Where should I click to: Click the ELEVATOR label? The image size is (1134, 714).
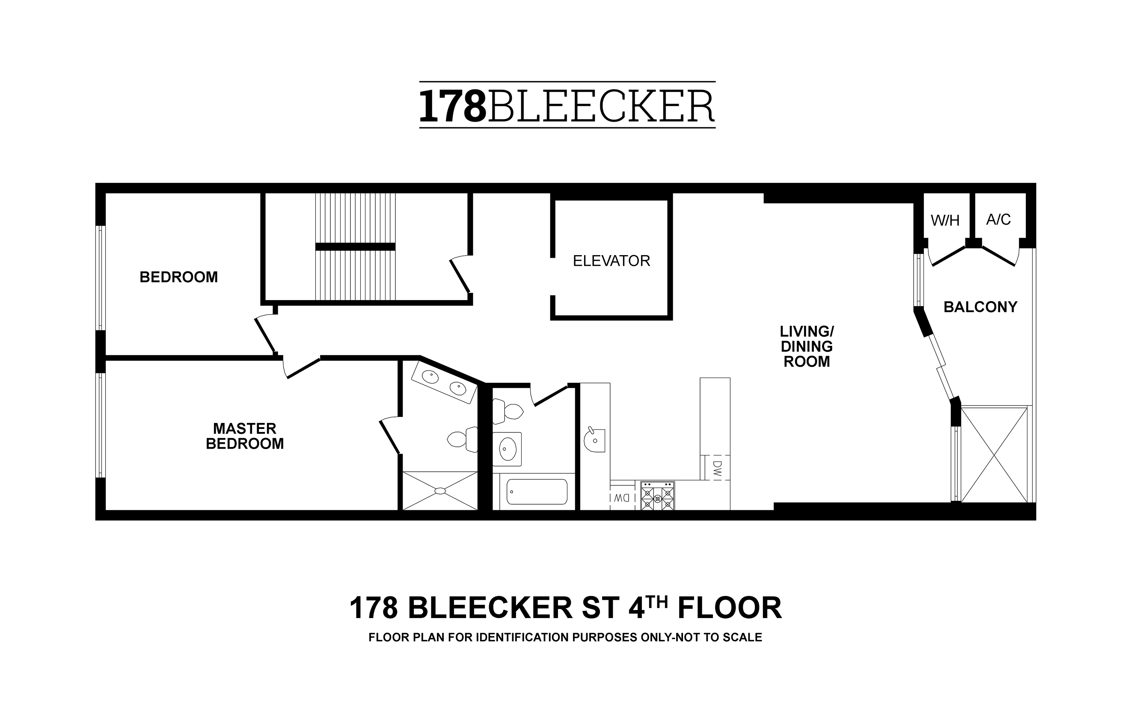(x=611, y=261)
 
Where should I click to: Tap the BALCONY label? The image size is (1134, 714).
(x=981, y=307)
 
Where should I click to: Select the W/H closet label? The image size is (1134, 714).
(x=945, y=220)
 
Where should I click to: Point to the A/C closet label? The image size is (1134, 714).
(x=998, y=220)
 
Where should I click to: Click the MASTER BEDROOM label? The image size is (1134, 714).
(x=245, y=436)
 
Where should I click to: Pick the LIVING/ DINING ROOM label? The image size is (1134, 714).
(x=807, y=347)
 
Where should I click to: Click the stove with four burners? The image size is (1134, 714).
(x=657, y=496)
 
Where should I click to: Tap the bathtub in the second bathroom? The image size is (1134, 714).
(x=537, y=492)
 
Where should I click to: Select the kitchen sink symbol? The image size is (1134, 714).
(x=594, y=440)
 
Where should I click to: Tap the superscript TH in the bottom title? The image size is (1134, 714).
(x=657, y=602)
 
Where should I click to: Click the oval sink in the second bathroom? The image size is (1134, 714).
(x=507, y=448)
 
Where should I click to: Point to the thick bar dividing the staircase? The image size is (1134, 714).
(x=355, y=246)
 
